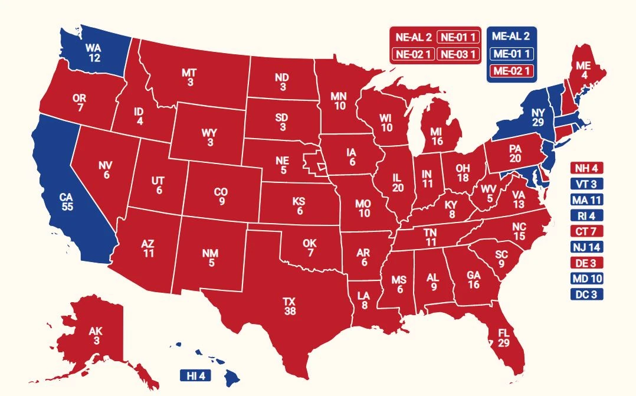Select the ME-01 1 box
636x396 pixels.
(x=512, y=54)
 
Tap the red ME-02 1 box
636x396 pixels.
(x=512, y=71)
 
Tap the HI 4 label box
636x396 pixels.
(x=195, y=376)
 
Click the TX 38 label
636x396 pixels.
(x=290, y=306)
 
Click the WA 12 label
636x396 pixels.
(x=93, y=53)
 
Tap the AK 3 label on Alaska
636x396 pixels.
(x=96, y=335)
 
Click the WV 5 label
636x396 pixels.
(x=488, y=193)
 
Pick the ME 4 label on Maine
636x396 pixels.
(x=583, y=70)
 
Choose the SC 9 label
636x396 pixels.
(x=502, y=258)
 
